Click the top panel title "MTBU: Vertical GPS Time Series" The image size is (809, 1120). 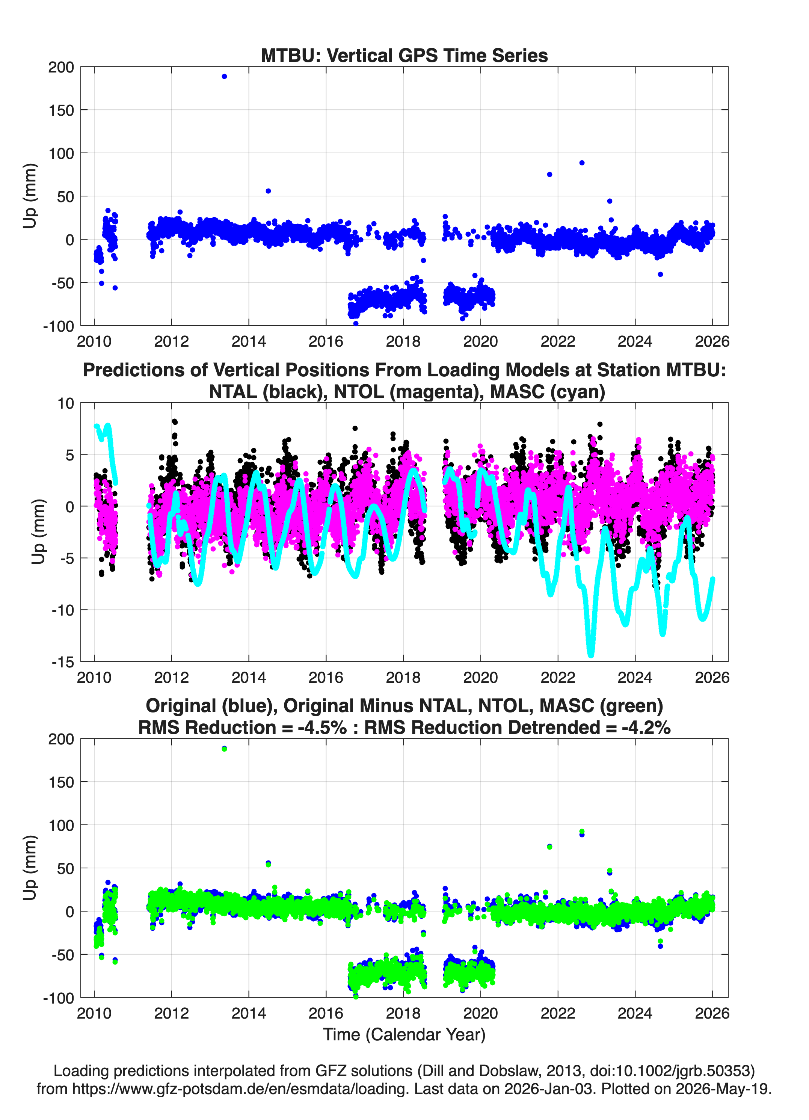[404, 55]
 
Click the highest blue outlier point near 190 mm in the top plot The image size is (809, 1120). [224, 77]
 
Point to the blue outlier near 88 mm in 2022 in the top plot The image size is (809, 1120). [582, 163]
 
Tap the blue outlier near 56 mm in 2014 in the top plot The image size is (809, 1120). [268, 191]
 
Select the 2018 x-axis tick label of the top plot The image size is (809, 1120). [403, 341]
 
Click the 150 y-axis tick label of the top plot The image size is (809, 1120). [61, 110]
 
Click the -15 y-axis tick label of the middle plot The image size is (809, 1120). [63, 662]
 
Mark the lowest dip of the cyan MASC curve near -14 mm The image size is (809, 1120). [591, 654]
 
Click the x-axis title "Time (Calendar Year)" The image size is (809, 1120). [404, 1035]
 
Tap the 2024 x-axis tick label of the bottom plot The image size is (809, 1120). [635, 1013]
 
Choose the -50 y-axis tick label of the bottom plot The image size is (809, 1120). [63, 955]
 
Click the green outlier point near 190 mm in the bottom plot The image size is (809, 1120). [224, 749]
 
